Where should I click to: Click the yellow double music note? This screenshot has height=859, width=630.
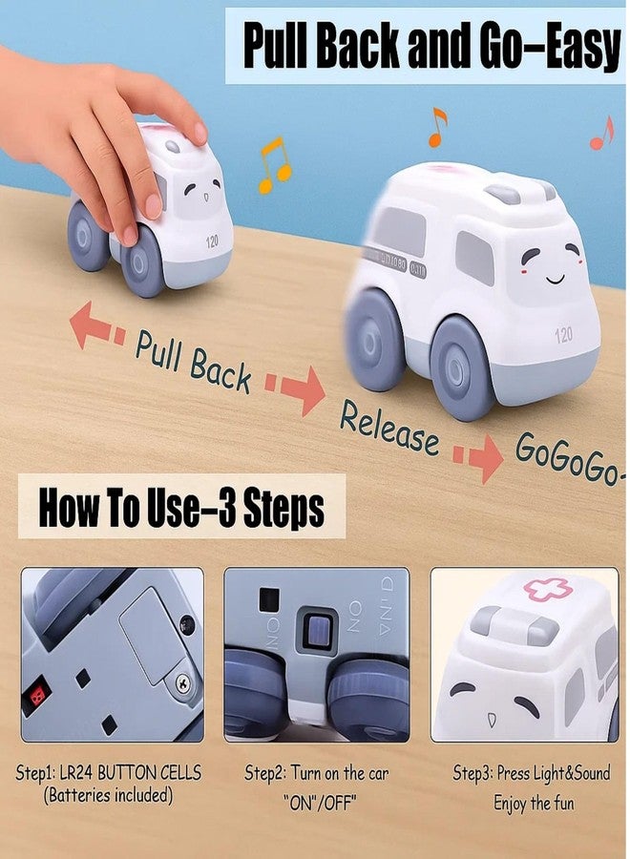tap(274, 165)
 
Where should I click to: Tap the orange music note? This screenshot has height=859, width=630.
tap(437, 127)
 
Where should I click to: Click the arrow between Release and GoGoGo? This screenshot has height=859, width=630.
tap(477, 458)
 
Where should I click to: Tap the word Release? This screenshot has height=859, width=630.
tap(388, 428)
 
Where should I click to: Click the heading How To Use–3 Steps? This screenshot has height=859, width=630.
tap(181, 508)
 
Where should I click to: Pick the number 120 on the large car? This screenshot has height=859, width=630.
tap(563, 334)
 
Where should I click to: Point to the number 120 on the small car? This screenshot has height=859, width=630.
tap(212, 241)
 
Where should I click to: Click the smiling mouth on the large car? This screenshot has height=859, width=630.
tap(556, 280)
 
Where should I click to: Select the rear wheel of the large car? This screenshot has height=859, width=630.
tap(373, 341)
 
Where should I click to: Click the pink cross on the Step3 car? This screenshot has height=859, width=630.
tap(548, 589)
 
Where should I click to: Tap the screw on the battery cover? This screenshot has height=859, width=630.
tap(183, 682)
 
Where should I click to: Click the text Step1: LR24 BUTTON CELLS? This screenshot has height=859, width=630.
tap(109, 773)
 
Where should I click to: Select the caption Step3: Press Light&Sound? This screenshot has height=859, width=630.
tap(532, 773)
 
